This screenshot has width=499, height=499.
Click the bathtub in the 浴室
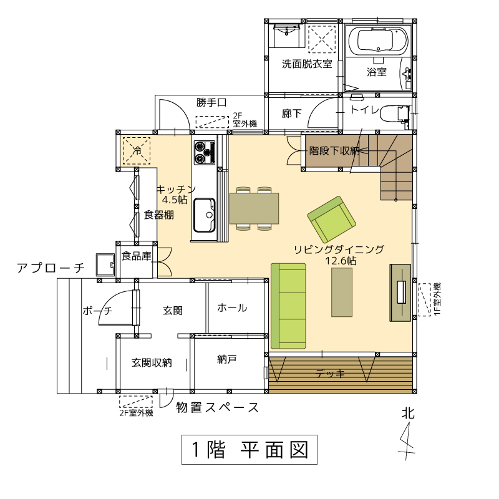(x=379, y=41)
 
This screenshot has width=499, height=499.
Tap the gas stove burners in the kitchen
(x=205, y=152)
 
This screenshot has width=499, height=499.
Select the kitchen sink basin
(x=205, y=215)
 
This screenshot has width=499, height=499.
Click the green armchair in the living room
(x=332, y=219)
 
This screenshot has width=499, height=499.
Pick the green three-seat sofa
(x=288, y=306)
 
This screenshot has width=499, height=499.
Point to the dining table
(x=254, y=208)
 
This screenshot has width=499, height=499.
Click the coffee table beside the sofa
(x=342, y=292)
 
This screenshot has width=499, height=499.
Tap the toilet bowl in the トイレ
(x=394, y=114)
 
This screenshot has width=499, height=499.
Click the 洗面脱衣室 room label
(x=307, y=64)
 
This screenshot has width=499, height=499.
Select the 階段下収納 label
(x=334, y=150)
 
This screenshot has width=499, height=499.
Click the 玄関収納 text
(x=152, y=362)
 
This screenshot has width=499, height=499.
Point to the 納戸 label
(x=226, y=359)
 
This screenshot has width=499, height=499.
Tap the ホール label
(x=232, y=308)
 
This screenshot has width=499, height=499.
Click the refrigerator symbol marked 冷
(x=137, y=150)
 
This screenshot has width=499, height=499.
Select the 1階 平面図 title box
(x=249, y=449)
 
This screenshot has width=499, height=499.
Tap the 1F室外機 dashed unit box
(x=424, y=299)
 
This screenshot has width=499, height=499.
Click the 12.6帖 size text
(x=341, y=261)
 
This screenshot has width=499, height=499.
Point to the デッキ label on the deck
(x=330, y=373)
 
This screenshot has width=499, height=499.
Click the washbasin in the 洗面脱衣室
(x=286, y=35)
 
